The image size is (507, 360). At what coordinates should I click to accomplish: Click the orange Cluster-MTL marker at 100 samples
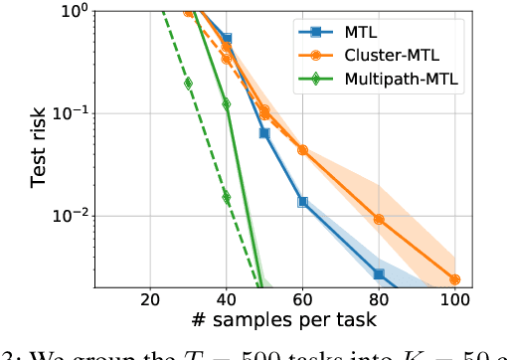tap(454, 279)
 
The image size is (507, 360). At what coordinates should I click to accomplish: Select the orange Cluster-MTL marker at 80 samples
tap(379, 219)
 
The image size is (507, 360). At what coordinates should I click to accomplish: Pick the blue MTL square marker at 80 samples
tap(379, 274)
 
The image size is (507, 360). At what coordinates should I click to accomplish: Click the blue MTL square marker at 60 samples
tap(302, 202)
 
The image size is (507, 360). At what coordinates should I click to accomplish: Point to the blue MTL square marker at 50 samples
tap(264, 132)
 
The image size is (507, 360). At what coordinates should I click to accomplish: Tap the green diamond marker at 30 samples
tap(188, 83)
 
